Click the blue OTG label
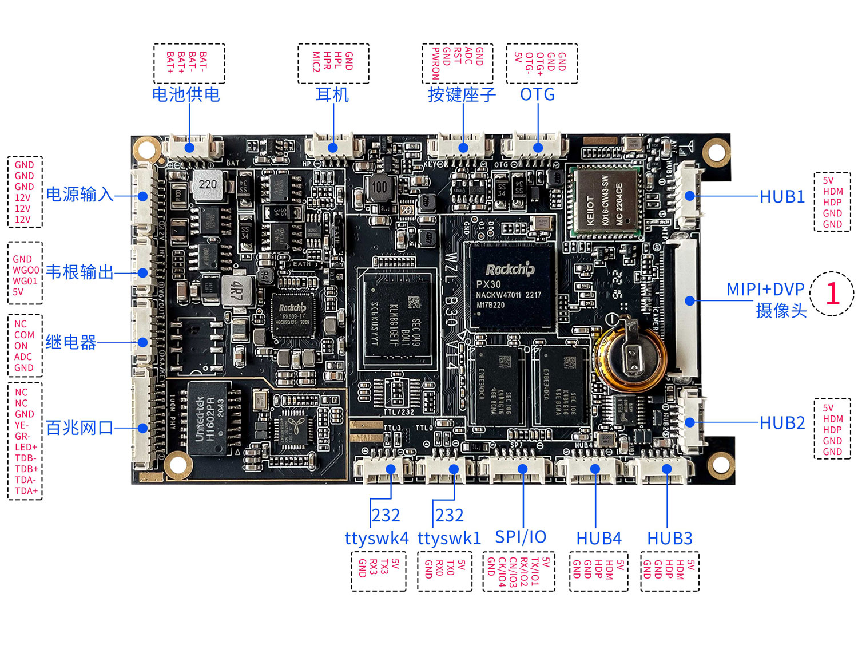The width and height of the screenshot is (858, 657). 537,94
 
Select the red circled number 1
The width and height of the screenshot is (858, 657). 832,294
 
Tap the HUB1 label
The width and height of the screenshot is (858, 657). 782,197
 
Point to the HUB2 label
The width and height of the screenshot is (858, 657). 782,423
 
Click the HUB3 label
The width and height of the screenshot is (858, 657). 669,539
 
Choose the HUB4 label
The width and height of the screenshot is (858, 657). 598,539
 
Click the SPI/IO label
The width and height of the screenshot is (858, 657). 521,537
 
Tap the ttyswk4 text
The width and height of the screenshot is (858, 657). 376,539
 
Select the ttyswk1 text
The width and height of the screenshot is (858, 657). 449,539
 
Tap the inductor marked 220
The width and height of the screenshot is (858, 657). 208,184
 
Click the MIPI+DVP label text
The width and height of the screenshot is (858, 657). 765,290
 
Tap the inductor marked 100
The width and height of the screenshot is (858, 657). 379,188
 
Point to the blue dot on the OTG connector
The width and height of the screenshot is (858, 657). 538,148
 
